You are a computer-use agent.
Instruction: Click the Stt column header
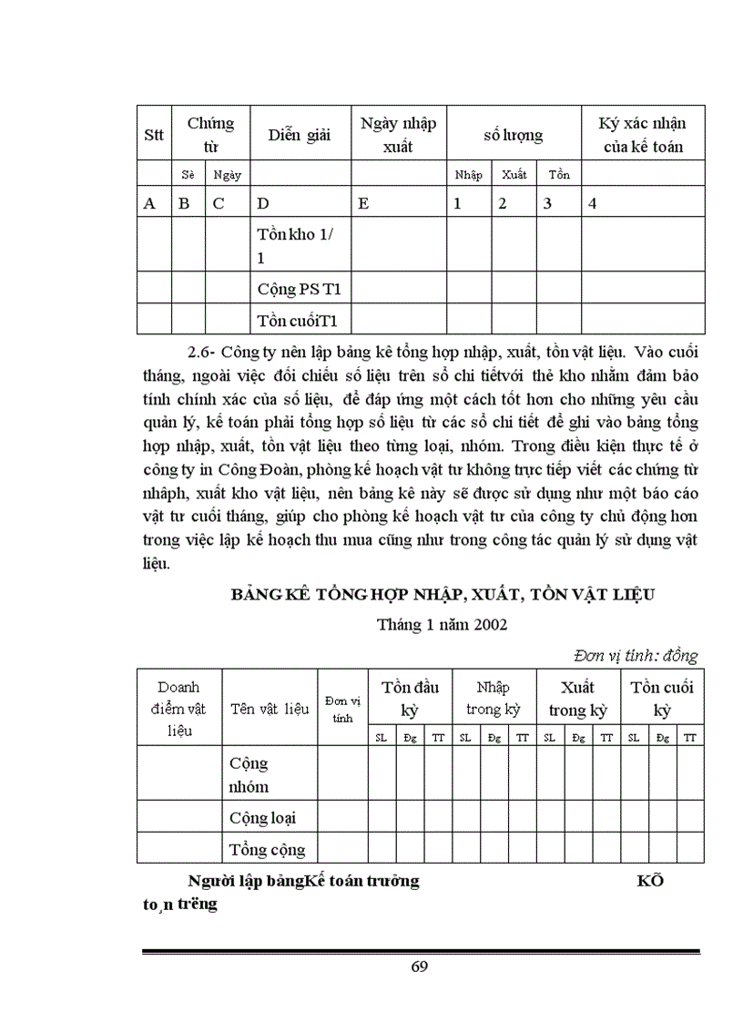click(154, 135)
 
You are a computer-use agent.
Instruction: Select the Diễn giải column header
click(299, 135)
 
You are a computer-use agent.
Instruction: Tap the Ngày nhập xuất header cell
click(398, 134)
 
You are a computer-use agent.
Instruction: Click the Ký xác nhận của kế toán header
click(642, 134)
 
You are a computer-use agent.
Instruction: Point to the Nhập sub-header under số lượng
click(468, 174)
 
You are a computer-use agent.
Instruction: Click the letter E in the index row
click(363, 204)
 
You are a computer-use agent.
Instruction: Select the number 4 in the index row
click(593, 204)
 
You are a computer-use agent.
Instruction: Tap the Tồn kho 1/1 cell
click(295, 245)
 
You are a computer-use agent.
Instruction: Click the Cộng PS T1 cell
click(299, 290)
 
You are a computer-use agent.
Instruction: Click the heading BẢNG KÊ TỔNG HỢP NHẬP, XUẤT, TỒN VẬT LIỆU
click(443, 595)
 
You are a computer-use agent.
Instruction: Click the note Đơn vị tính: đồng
click(636, 655)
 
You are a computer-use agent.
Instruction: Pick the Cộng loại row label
click(262, 818)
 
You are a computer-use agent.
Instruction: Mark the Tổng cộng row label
click(267, 850)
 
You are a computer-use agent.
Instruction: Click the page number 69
click(419, 967)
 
